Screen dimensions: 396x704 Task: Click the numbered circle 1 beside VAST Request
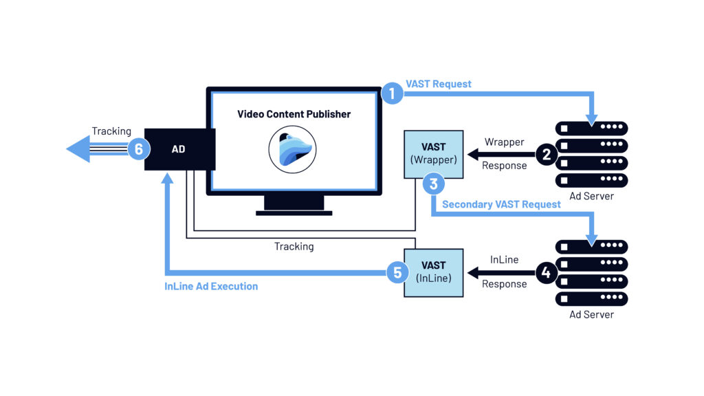coord(392,93)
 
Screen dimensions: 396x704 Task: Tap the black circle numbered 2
coord(547,154)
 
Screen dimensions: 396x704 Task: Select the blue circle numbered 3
coord(433,184)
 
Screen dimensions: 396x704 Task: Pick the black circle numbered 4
coord(547,272)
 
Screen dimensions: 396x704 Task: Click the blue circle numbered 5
coord(397,272)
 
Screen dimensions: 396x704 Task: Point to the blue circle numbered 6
coord(139,148)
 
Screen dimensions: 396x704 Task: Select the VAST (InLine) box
coord(433,272)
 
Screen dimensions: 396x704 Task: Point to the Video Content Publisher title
coord(294,114)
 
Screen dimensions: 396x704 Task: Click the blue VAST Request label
coord(438,84)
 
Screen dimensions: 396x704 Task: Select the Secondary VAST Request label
coord(501,204)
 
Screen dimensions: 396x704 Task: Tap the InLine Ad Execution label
coord(211,286)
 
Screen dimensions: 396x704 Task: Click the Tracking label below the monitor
coord(294,246)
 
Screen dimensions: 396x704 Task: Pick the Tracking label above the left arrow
coord(111,131)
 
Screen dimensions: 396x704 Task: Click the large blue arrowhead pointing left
coord(78,148)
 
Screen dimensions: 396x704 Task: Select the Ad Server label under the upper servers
coord(591,197)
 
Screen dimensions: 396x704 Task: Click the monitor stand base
coord(294,212)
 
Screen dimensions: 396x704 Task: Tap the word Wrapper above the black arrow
coord(504,142)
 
